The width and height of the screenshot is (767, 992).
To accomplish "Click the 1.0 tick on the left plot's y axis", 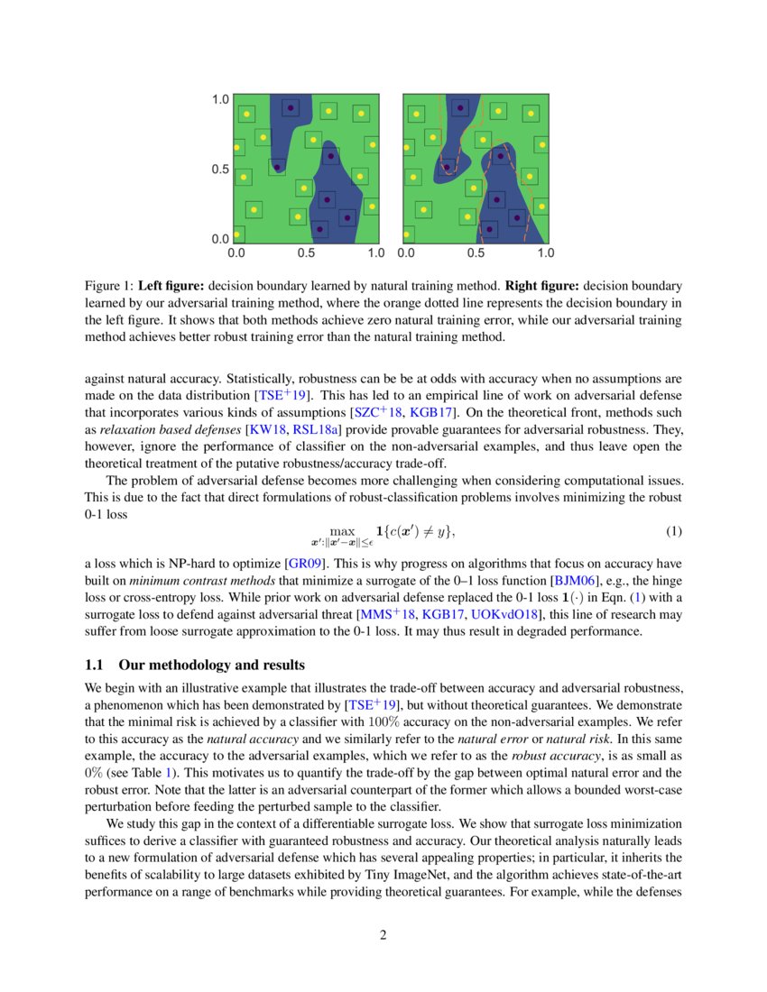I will tap(220, 100).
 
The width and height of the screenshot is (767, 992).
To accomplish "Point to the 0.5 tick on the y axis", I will tap(220, 170).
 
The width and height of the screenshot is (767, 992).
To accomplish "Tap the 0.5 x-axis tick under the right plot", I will tap(475, 253).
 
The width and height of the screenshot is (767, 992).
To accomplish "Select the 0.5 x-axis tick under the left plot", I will tap(306, 253).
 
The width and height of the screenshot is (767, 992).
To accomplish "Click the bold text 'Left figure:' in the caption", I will tap(170, 286).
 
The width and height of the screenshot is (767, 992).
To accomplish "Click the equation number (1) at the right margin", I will tap(673, 530).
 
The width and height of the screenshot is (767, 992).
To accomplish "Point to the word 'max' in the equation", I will tap(343, 531).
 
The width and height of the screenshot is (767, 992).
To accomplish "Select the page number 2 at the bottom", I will tap(383, 934).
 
